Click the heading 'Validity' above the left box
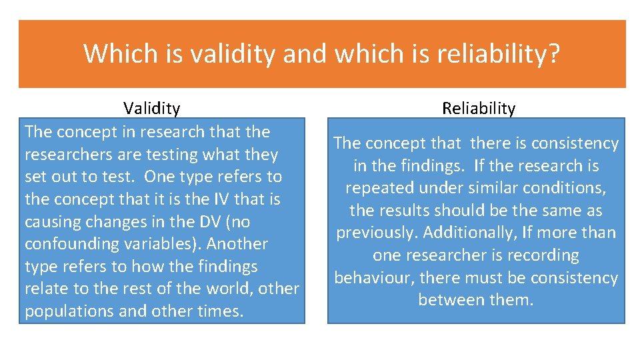click(151, 108)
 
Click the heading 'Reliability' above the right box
click(479, 108)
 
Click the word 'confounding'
click(66, 244)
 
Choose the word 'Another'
click(237, 244)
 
